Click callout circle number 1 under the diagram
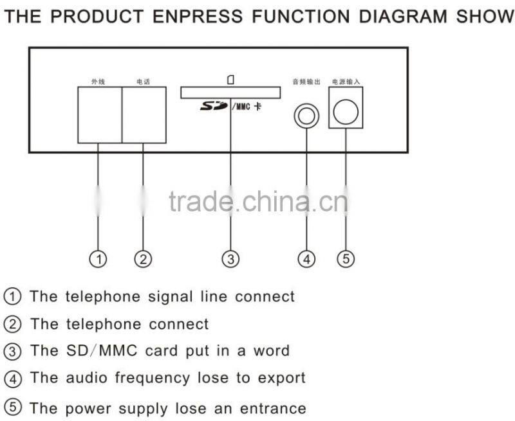[x=98, y=259]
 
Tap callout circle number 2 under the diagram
[x=143, y=259]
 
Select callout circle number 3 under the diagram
[x=230, y=259]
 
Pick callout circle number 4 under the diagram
[x=306, y=259]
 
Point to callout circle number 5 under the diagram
[x=346, y=259]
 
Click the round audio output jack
[x=306, y=116]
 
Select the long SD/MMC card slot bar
[x=230, y=93]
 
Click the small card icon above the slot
[x=230, y=80]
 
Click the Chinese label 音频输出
[x=303, y=82]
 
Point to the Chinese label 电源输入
[x=346, y=82]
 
